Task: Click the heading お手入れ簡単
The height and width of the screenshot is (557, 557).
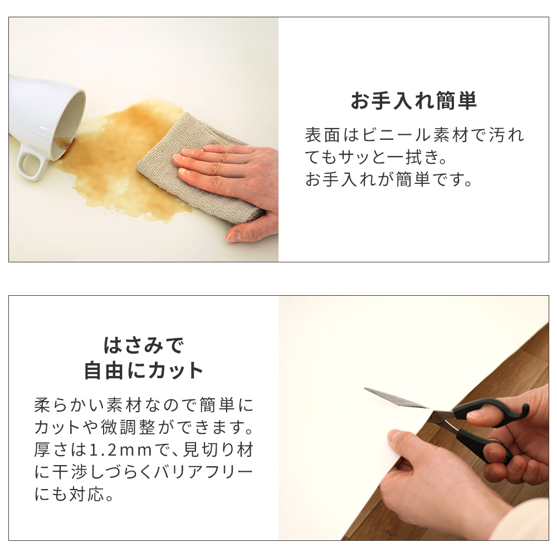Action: pos(413,101)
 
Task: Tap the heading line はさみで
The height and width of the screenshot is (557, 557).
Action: pos(144,345)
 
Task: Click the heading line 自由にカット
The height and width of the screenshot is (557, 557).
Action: pos(144,370)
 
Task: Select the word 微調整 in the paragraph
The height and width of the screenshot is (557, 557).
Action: pos(128,427)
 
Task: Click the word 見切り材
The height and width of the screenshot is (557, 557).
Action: pos(218,449)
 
